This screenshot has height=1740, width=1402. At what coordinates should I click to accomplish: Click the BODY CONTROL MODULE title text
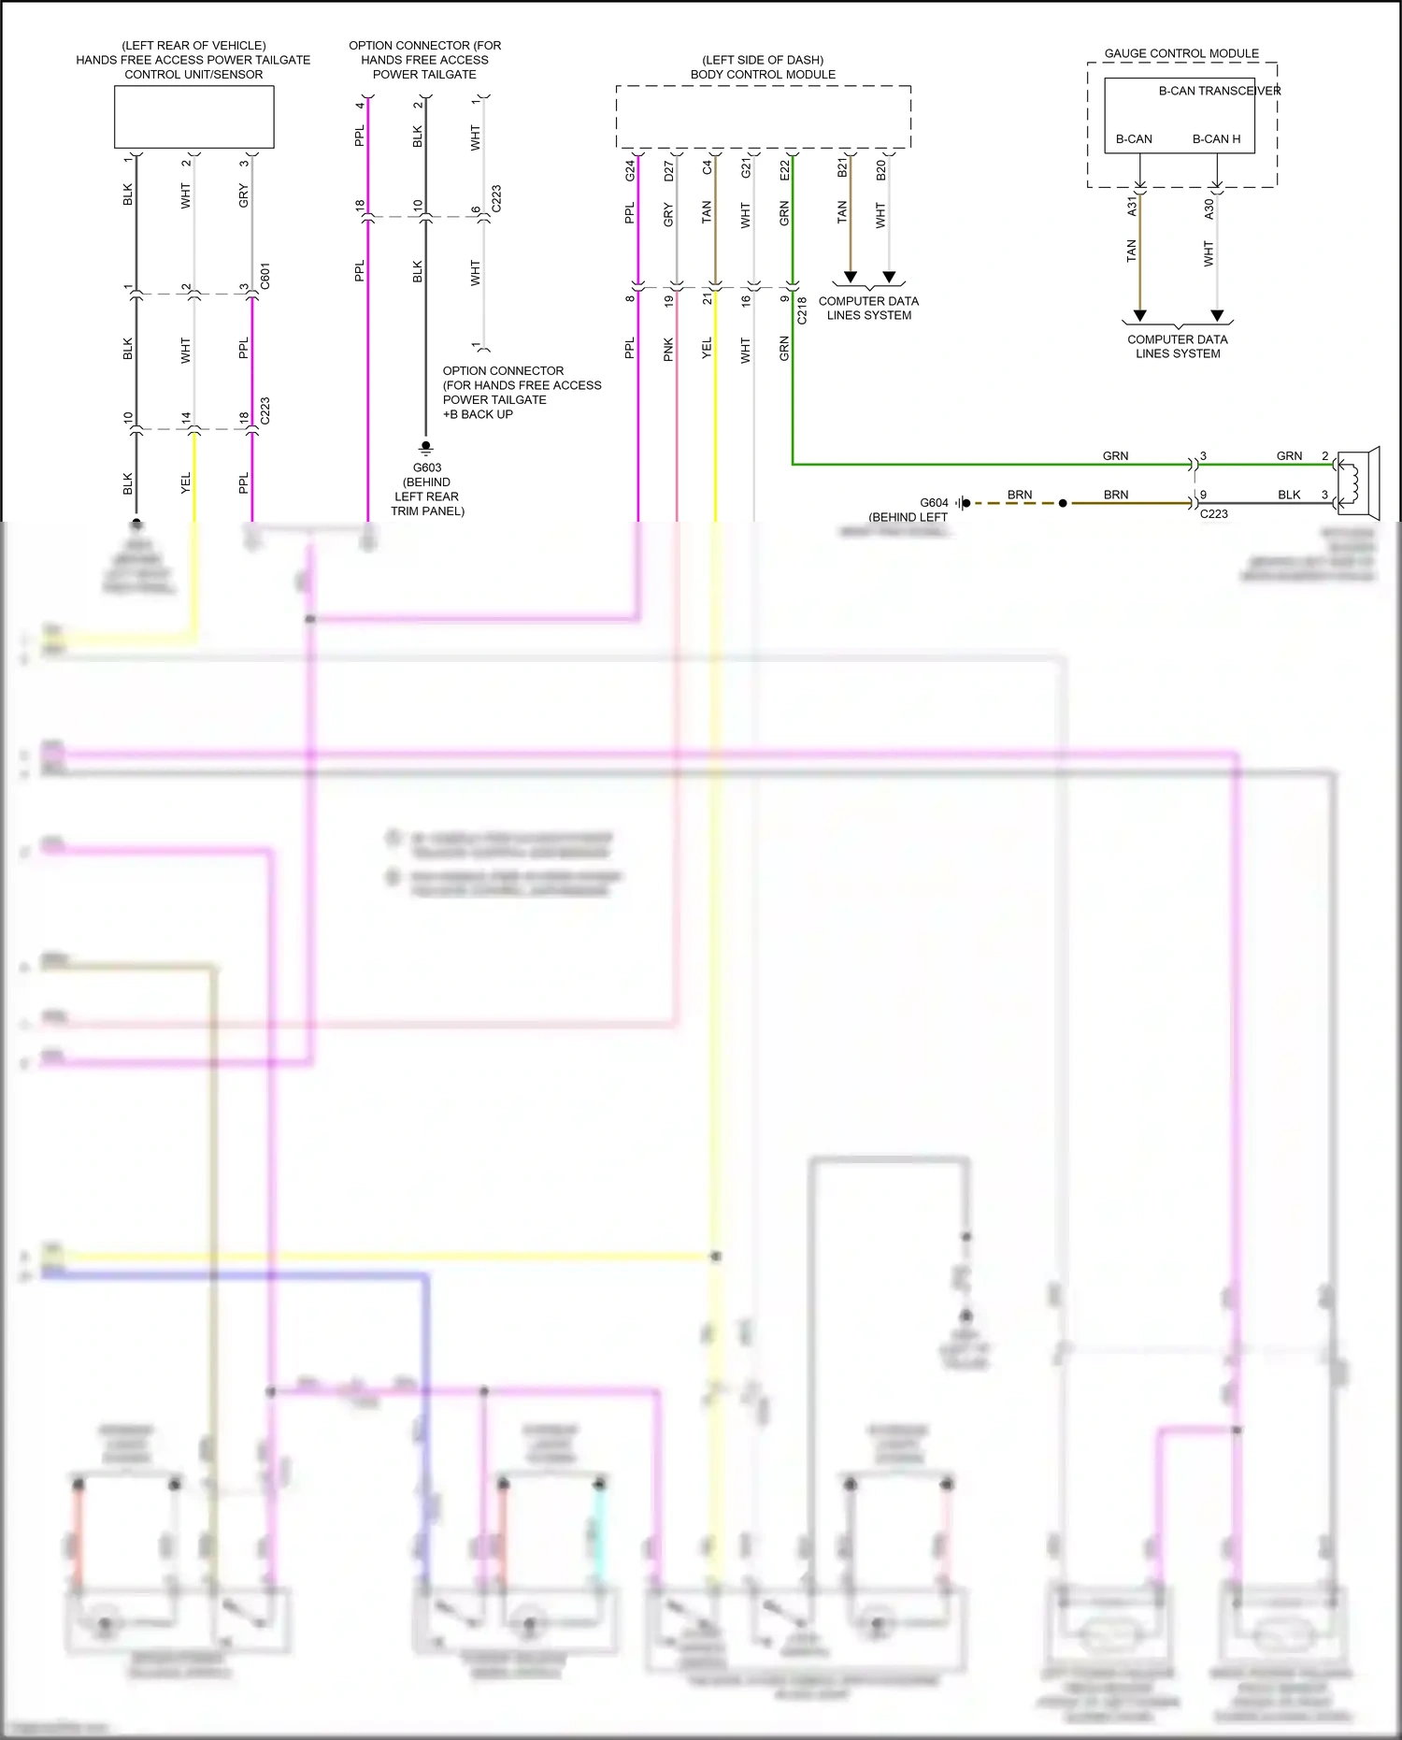(763, 75)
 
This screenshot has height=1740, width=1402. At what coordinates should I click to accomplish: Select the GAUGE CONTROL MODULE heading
(1181, 53)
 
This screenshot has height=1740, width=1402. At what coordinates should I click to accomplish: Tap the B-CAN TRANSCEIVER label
(1219, 91)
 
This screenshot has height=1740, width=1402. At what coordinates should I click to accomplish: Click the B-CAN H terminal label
(1216, 139)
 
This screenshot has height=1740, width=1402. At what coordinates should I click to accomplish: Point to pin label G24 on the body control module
(630, 170)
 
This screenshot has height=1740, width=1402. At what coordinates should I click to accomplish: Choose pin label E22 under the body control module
(784, 170)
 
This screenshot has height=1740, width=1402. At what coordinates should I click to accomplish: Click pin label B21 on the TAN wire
(842, 167)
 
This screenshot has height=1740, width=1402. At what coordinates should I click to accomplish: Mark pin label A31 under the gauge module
(1132, 206)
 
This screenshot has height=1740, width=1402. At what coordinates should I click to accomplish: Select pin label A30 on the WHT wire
(1209, 209)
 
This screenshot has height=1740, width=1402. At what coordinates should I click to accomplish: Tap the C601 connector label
(265, 276)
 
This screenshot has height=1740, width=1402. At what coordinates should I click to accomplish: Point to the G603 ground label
(427, 467)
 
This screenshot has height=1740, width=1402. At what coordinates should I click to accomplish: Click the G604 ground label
(934, 503)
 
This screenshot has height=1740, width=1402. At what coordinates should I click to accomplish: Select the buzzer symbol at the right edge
(1358, 482)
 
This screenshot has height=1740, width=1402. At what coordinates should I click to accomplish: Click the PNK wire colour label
(668, 349)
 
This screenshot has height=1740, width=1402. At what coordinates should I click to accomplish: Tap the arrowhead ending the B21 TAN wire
(851, 277)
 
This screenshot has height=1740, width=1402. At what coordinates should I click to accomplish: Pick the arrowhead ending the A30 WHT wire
(1217, 315)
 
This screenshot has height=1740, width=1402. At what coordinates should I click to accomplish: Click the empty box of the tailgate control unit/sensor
(193, 117)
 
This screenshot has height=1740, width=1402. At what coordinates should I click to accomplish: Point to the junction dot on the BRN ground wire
(1063, 503)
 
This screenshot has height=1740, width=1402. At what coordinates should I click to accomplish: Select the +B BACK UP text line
(478, 414)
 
